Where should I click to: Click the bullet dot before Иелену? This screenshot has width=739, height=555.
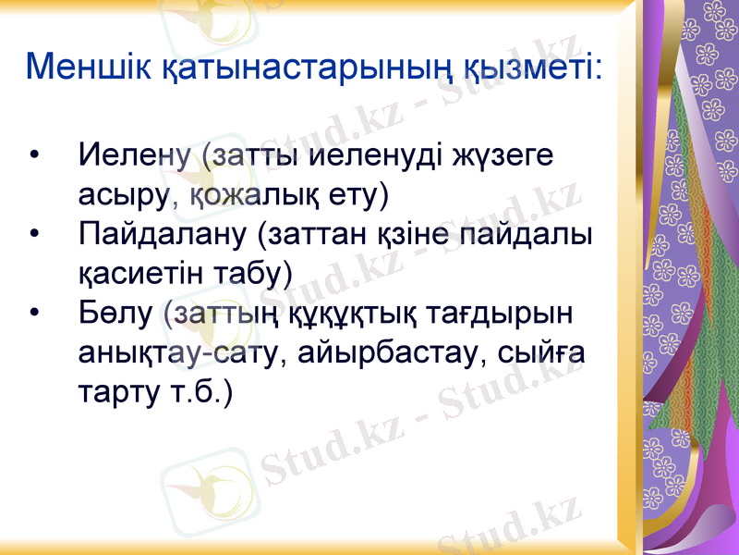click(x=35, y=155)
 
